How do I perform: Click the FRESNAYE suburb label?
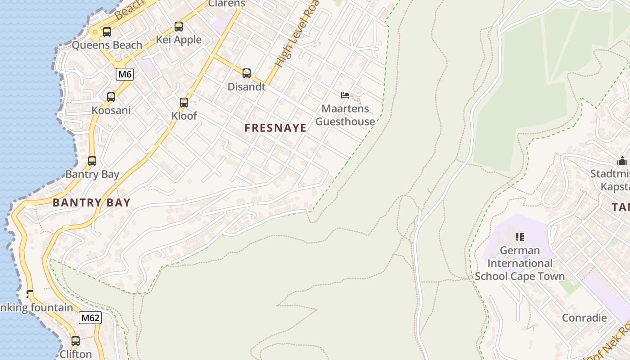coord(275,128)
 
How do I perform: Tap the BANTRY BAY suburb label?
coord(91,202)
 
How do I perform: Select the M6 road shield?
coord(125,74)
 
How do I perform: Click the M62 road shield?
coord(90,318)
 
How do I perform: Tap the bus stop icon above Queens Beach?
coord(107,32)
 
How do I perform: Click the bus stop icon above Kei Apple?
coord(179,27)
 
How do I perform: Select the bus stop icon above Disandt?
coord(246,73)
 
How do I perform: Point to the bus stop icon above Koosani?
coord(111,97)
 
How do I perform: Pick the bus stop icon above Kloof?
coord(184,103)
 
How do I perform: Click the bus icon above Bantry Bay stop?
coord(92,161)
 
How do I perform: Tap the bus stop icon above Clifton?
coord(76,341)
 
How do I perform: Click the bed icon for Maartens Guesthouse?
coord(345,95)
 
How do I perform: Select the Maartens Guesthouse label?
coord(345,115)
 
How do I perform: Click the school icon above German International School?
coord(520,237)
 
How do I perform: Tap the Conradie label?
coord(585,318)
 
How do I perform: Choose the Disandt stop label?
coord(247,87)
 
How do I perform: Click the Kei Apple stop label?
coord(179,40)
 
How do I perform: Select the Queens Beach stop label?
coord(107,45)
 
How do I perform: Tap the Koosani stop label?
coord(111,110)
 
